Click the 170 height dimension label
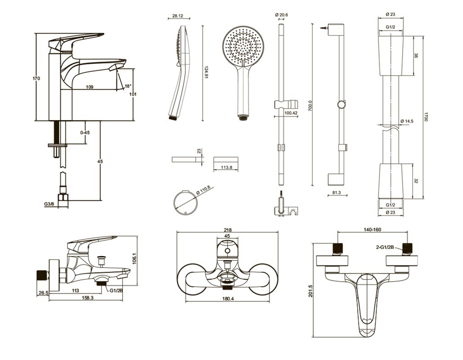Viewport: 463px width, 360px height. click(36, 78)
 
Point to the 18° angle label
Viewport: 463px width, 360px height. click(128, 86)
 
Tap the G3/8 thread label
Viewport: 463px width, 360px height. click(49, 204)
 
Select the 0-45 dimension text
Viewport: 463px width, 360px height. click(85, 132)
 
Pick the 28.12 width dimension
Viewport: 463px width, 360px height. click(177, 16)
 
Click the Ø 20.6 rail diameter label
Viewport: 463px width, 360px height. click(281, 15)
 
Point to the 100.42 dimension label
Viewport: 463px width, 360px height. click(291, 113)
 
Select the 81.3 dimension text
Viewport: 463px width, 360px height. click(336, 193)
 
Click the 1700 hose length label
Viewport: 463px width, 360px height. click(427, 117)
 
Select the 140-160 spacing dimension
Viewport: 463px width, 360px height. click(372, 230)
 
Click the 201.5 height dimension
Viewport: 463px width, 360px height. click(318, 290)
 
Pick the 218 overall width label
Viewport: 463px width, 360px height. click(228, 230)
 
